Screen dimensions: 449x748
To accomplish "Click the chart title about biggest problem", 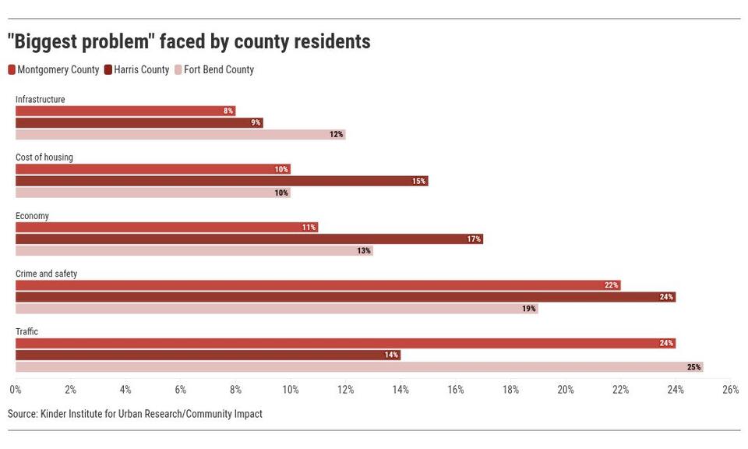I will pos(189,41).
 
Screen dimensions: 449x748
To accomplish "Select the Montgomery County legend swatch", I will pos(12,70).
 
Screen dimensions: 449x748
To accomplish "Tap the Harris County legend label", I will pos(141,70).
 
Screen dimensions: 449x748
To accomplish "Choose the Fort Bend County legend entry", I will pos(218,70).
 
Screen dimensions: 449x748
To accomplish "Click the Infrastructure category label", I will pos(40,99).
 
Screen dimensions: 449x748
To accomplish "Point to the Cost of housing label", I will pos(44,157).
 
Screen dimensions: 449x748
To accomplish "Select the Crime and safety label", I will pos(46,274).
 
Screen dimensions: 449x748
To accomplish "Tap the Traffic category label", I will pos(26,332).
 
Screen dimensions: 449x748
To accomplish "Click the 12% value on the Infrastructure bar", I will pos(336,135).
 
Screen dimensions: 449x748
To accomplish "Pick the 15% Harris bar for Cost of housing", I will pos(221,181).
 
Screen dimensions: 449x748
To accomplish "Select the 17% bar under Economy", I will pos(249,239).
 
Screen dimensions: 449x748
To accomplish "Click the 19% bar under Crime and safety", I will pos(277,309).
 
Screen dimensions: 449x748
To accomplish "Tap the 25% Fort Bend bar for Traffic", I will pos(359,367).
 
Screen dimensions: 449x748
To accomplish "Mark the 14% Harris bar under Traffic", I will pos(208,355).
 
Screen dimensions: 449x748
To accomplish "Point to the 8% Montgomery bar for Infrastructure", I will pos(125,111).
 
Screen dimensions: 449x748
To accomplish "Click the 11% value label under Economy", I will pos(309,228).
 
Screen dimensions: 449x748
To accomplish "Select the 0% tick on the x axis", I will pos(15,390).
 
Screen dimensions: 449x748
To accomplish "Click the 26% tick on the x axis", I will pos(730,390).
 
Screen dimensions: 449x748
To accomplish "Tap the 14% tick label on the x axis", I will pos(400,390).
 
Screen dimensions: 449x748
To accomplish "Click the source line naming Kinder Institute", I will pos(135,414).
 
